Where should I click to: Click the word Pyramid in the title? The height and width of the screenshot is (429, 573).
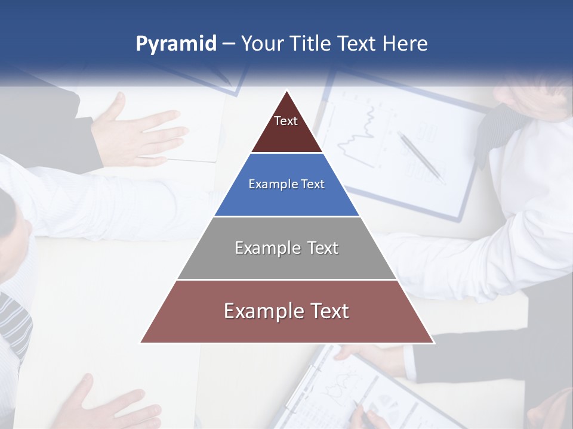click(x=175, y=44)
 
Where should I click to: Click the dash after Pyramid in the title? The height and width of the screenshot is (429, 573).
click(x=228, y=44)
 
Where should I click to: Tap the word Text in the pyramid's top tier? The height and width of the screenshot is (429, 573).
click(x=286, y=121)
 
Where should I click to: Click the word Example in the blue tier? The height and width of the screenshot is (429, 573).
click(x=267, y=184)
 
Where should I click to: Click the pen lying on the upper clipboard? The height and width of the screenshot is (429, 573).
click(x=421, y=157)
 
